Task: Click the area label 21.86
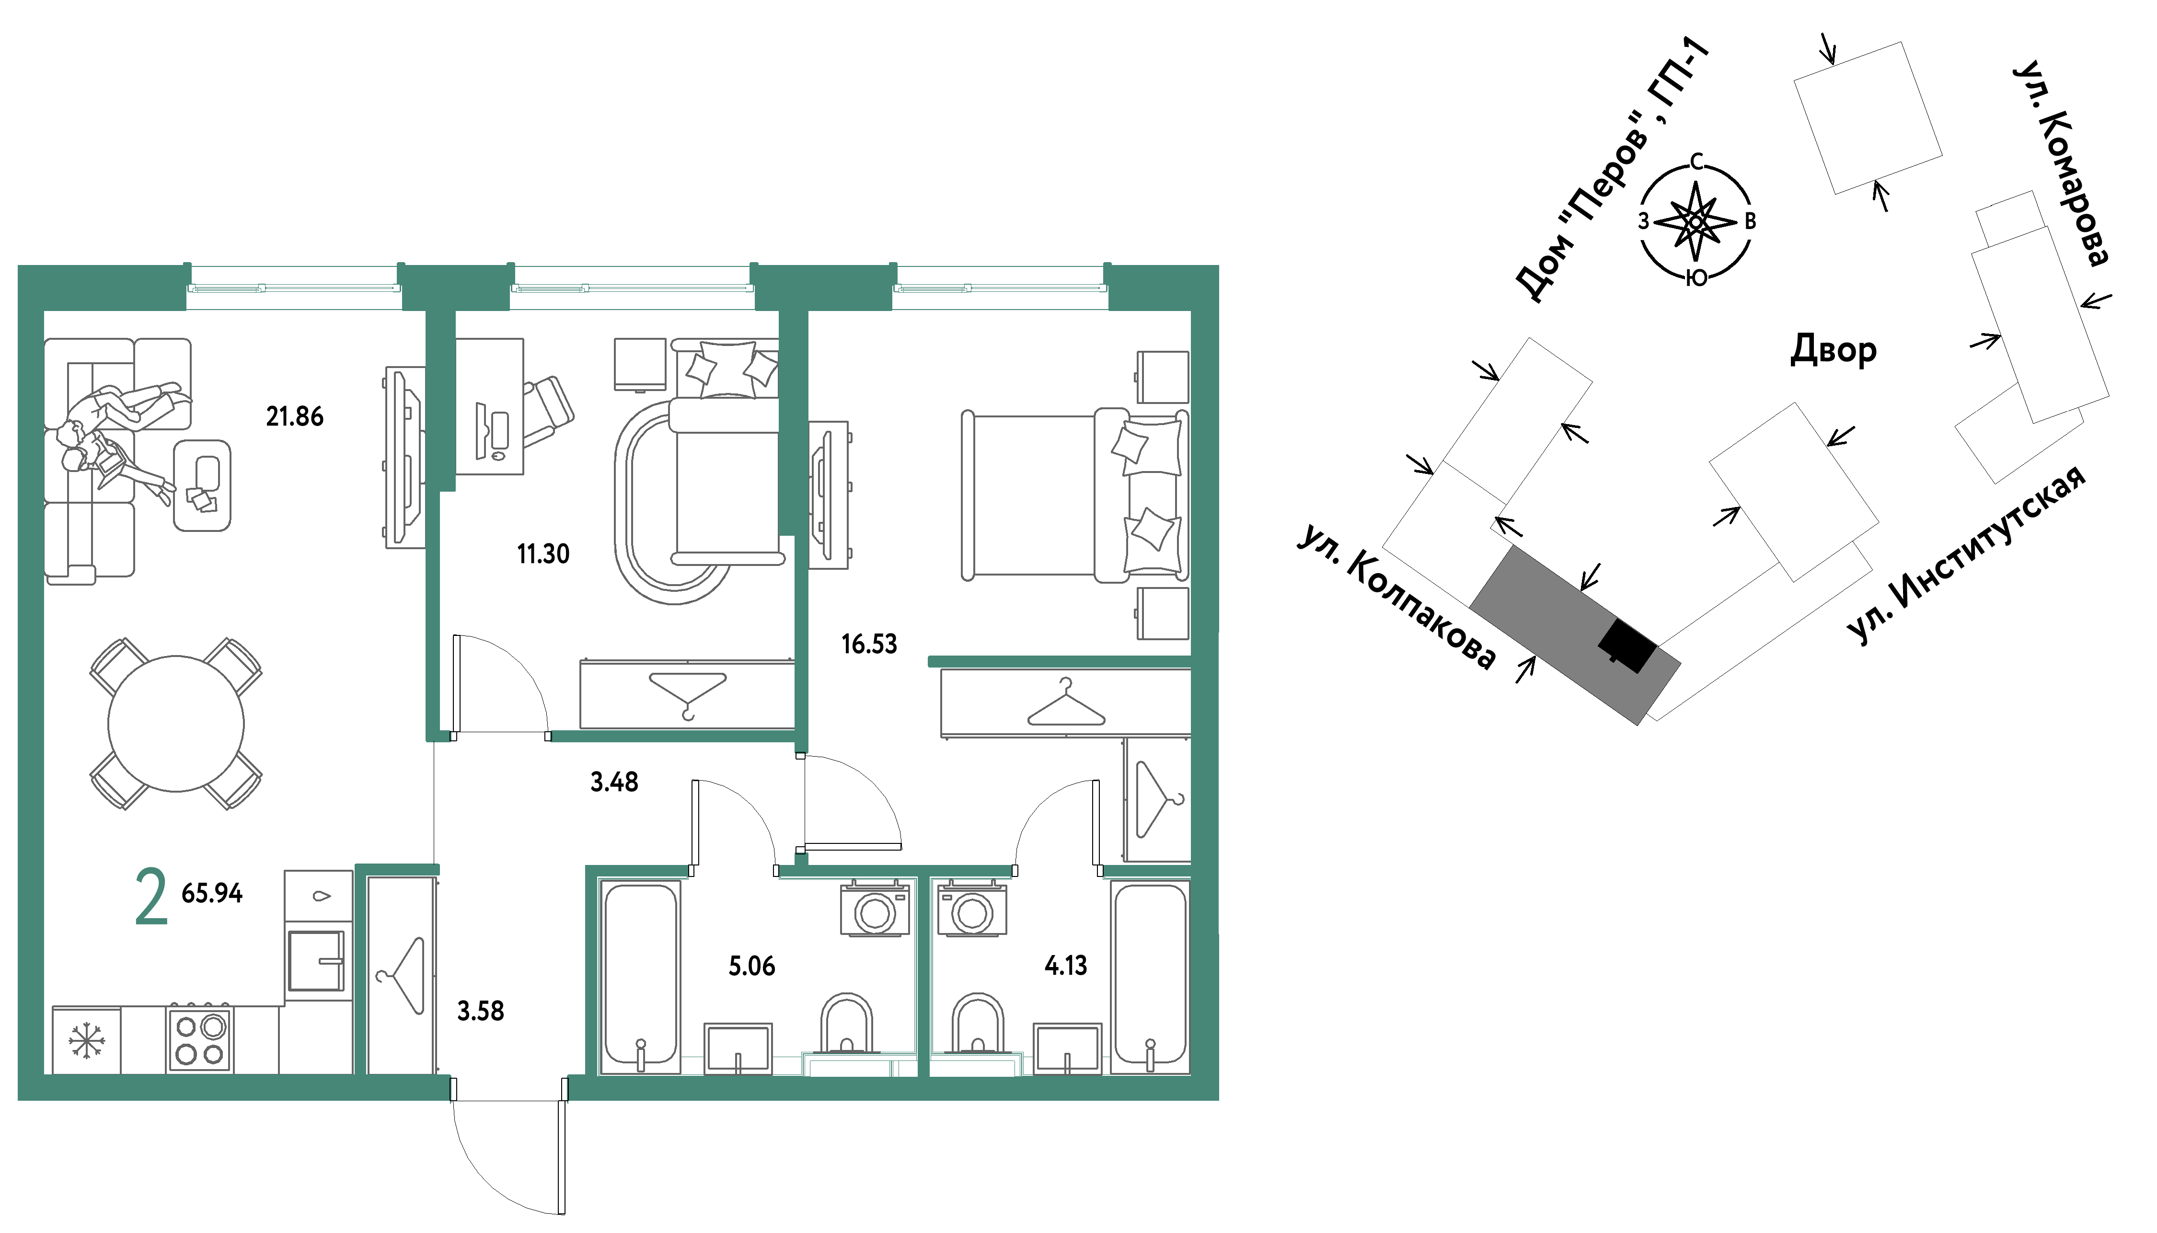(295, 416)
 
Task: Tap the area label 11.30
(543, 554)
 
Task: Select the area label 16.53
(869, 645)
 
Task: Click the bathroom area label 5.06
(751, 966)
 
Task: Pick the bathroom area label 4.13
(1065, 966)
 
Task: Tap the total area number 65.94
(212, 893)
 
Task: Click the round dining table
(176, 724)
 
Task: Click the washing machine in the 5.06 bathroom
(875, 909)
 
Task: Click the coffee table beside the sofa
(202, 485)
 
